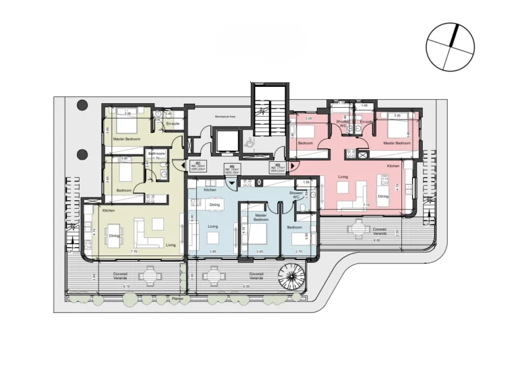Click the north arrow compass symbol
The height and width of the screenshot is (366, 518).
(x=450, y=47)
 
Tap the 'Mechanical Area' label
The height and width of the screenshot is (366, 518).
(x=224, y=117)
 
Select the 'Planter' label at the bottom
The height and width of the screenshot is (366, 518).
(x=177, y=297)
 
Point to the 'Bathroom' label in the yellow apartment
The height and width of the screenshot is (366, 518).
(x=157, y=154)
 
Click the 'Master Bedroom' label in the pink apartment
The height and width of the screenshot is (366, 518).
(x=397, y=143)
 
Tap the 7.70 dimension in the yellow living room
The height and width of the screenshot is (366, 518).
(x=134, y=251)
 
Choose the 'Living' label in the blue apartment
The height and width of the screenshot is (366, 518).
(x=213, y=226)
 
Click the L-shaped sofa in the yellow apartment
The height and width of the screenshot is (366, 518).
(x=149, y=232)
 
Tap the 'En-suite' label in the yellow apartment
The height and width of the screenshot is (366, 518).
(x=173, y=124)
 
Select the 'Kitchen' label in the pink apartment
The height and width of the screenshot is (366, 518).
(x=394, y=165)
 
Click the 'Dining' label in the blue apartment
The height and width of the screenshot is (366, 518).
(x=214, y=204)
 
